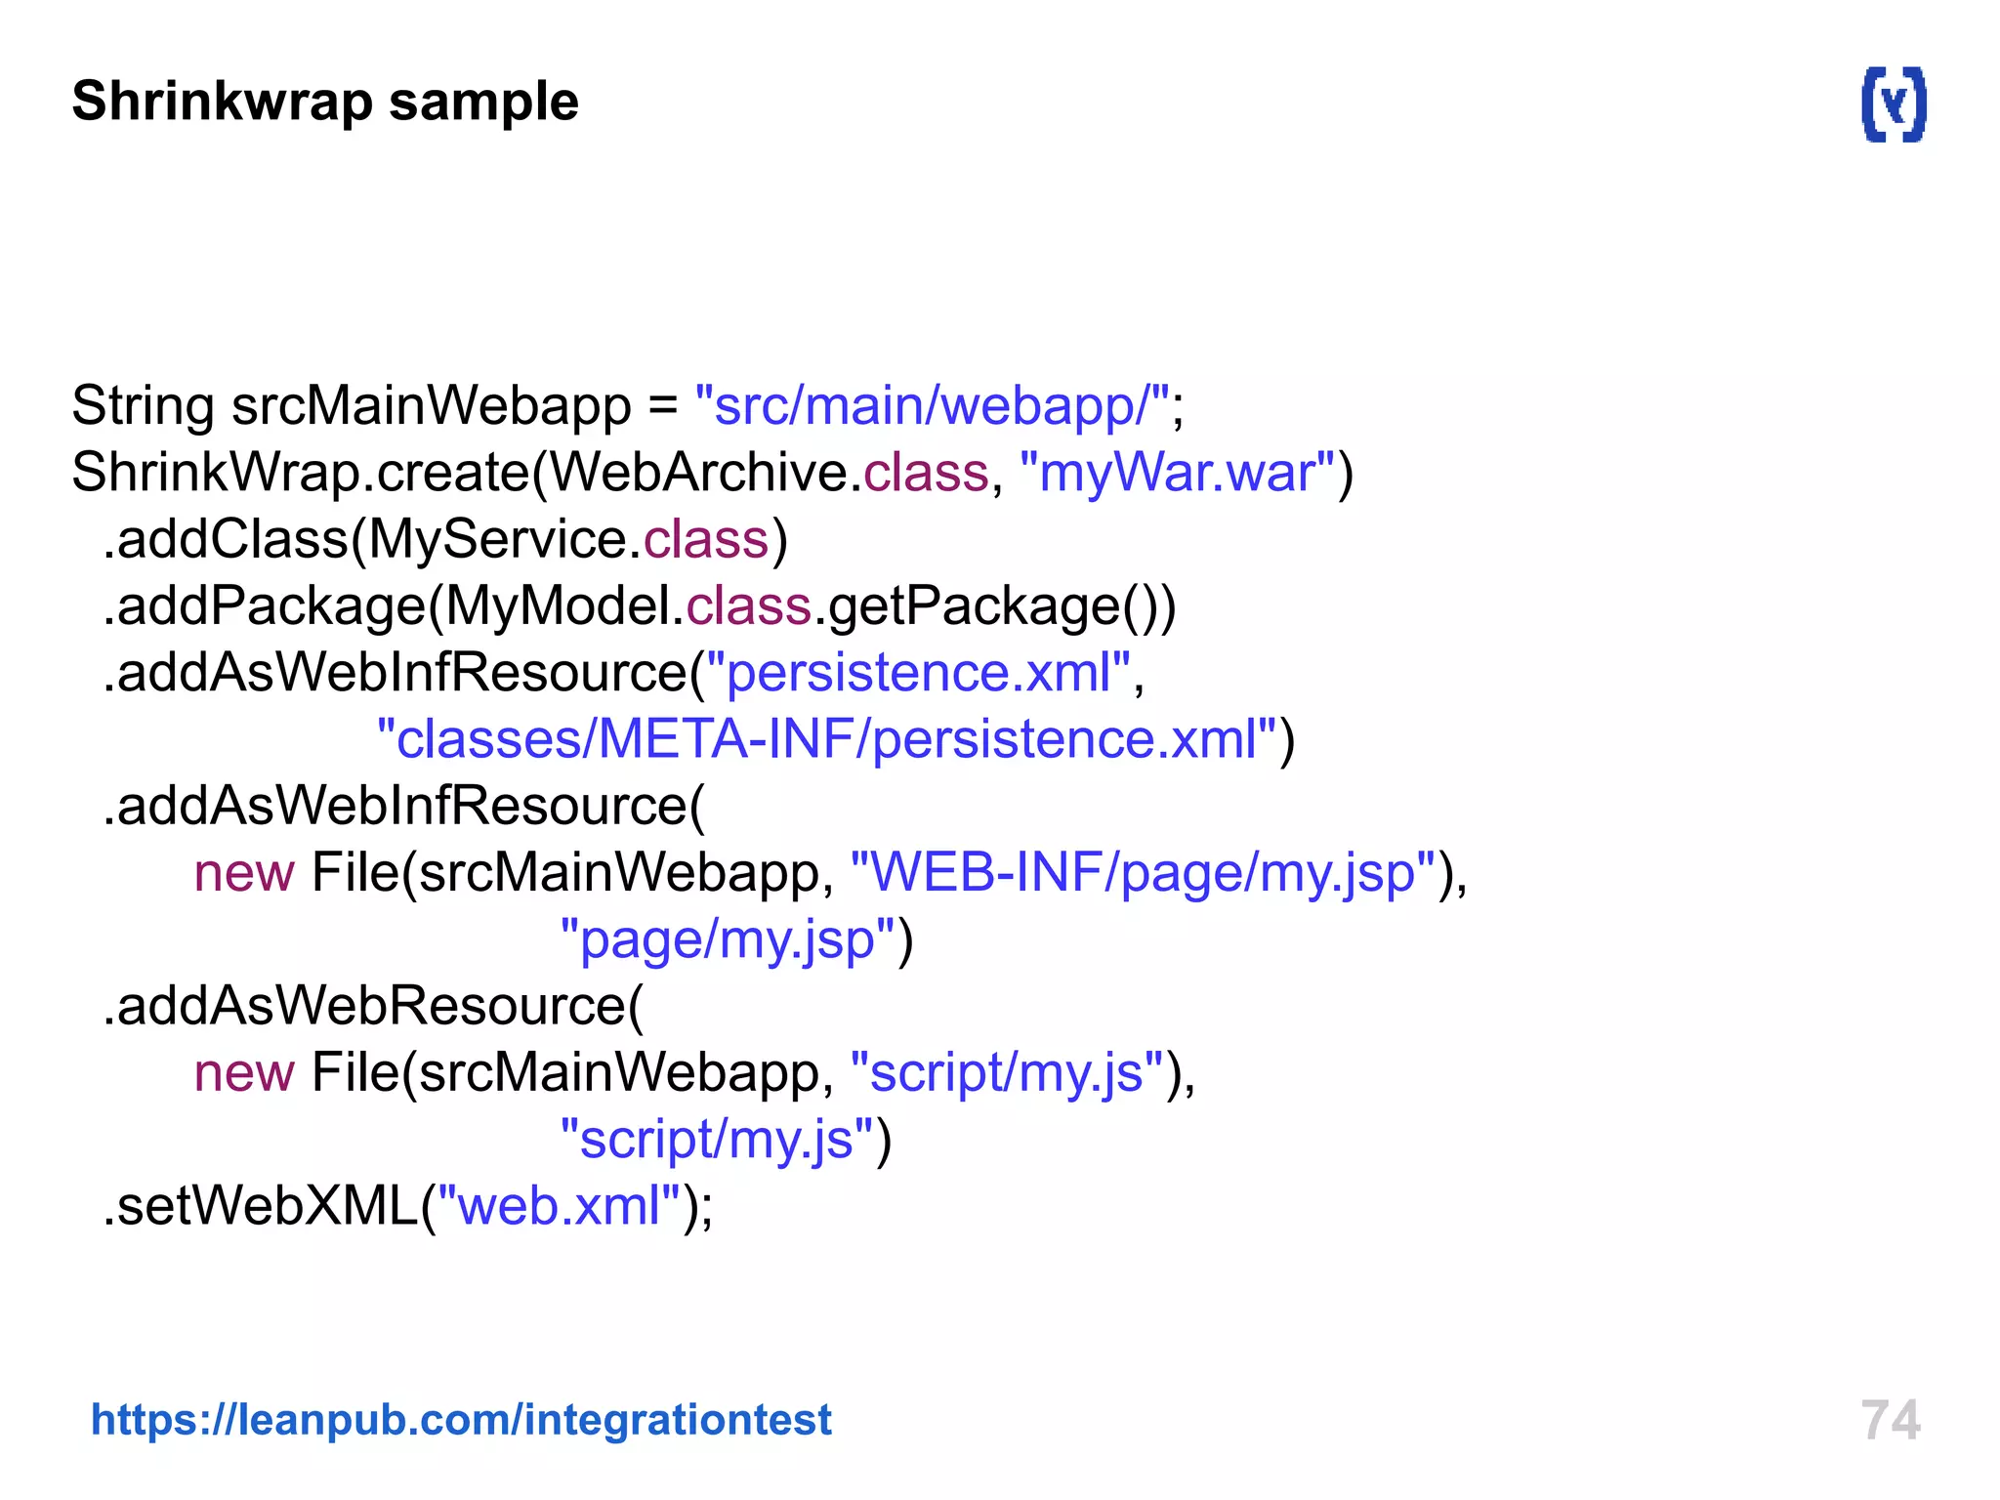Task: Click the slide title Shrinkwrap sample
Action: point(325,102)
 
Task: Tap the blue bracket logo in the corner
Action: point(1894,104)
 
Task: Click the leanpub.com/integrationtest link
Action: point(461,1419)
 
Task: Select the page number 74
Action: point(1890,1420)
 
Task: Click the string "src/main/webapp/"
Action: point(932,406)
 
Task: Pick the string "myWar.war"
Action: point(1177,474)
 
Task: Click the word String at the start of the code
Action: point(143,406)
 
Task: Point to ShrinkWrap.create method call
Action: point(300,474)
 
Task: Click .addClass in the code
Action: point(225,540)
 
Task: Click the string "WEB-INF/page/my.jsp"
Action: point(1143,873)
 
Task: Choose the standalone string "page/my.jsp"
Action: point(728,939)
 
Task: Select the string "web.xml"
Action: point(559,1206)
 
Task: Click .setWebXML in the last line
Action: point(261,1206)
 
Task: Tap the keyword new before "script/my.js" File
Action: point(244,1073)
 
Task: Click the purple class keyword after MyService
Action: point(706,540)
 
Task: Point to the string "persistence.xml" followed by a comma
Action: point(918,673)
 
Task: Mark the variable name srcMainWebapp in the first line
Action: point(431,406)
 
